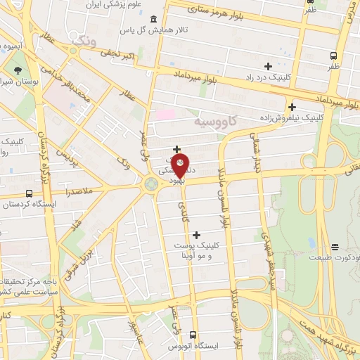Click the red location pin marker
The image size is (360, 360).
pyautogui.click(x=180, y=165)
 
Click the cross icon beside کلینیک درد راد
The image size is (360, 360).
pyautogui.click(x=268, y=66)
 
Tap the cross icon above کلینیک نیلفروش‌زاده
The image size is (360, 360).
pyautogui.click(x=291, y=107)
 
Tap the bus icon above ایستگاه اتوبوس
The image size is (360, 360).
pyautogui.click(x=193, y=335)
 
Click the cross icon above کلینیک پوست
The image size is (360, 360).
pyautogui.click(x=195, y=235)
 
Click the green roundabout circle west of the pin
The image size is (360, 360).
pyautogui.click(x=150, y=184)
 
